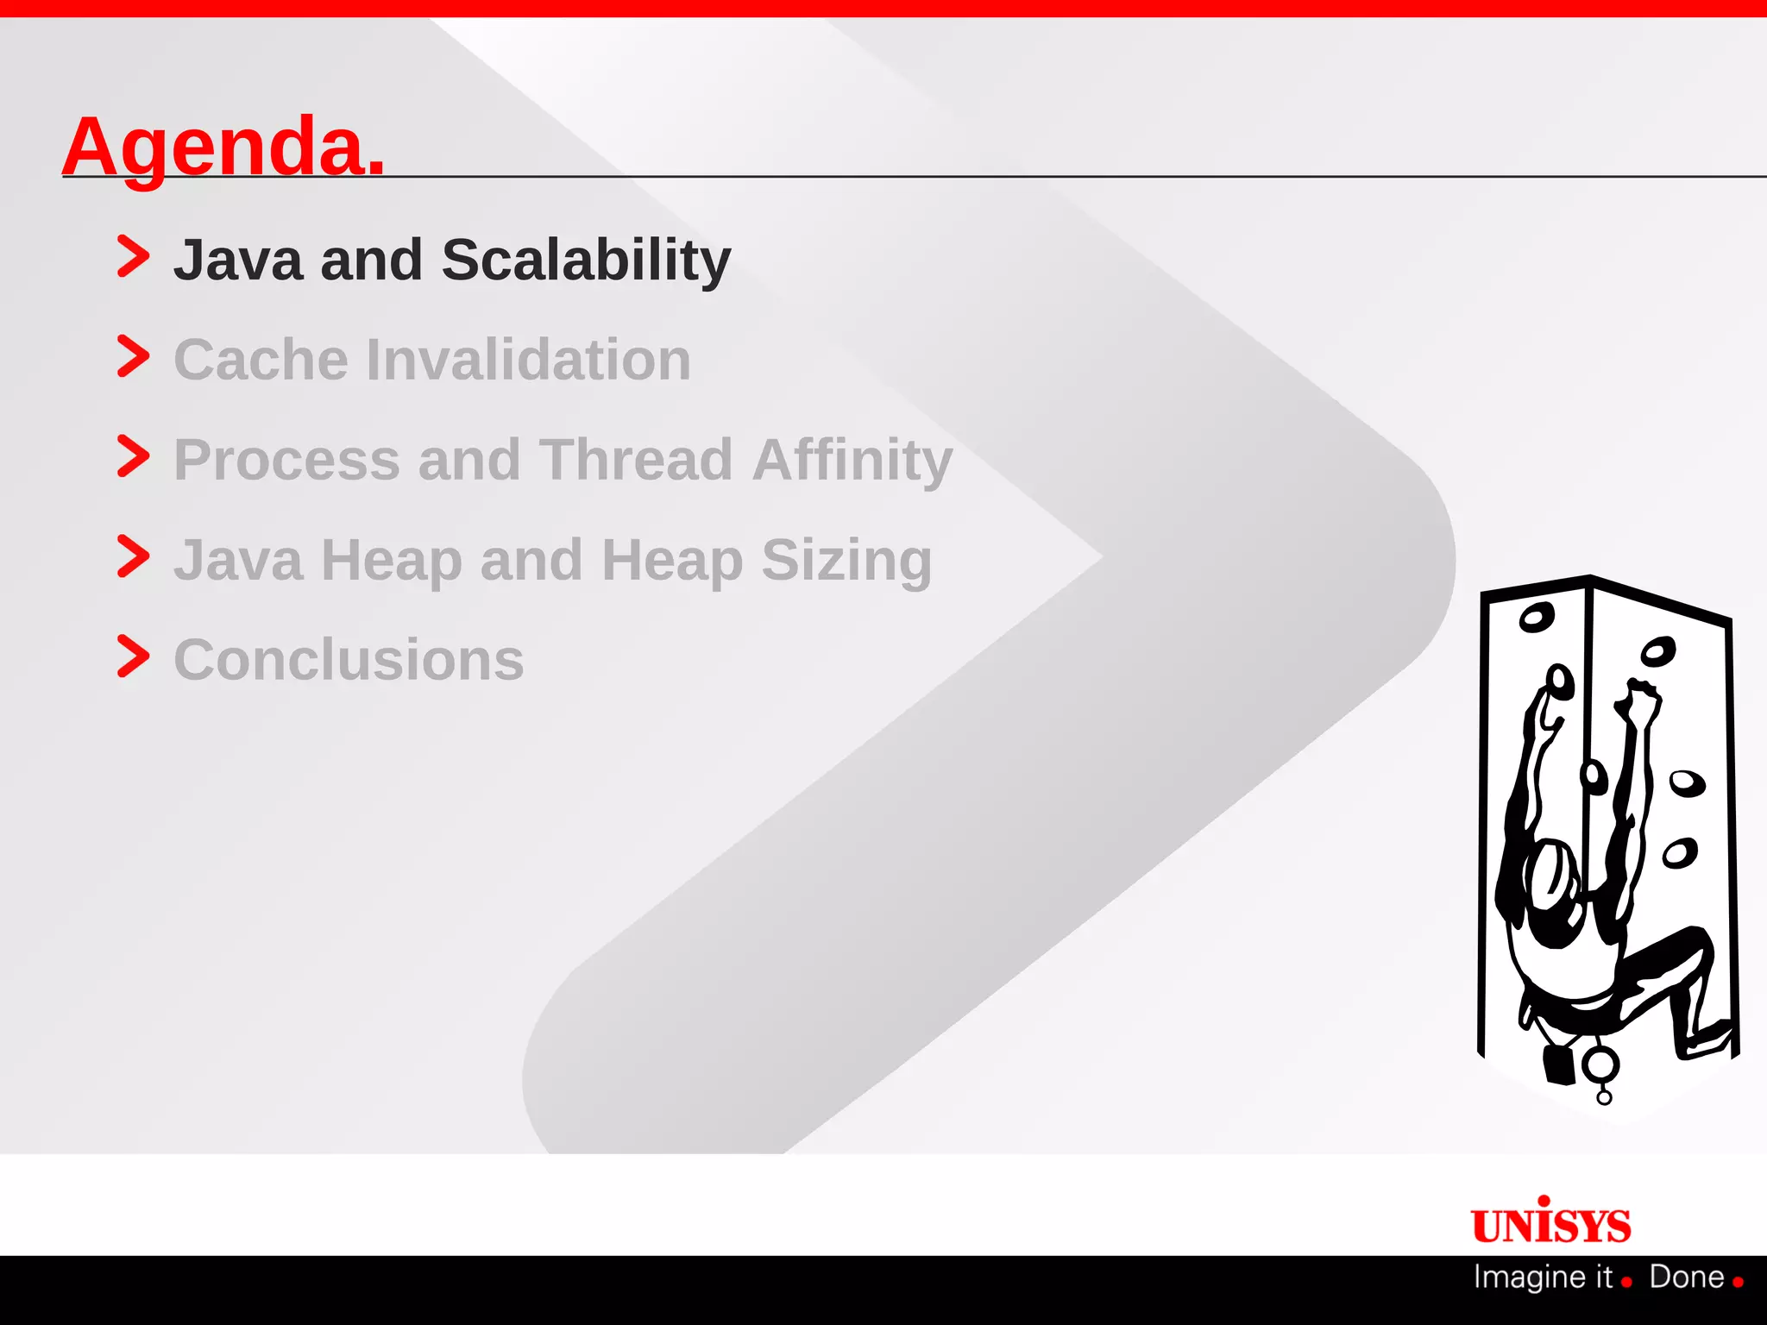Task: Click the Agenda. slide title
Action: [x=223, y=147]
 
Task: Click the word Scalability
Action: [x=586, y=260]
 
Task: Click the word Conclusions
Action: [x=349, y=661]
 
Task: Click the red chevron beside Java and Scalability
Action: [x=133, y=256]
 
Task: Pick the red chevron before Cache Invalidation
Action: [x=133, y=356]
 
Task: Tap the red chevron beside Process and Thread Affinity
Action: [x=133, y=456]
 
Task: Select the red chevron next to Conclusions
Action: [x=133, y=656]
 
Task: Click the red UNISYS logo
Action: [x=1550, y=1222]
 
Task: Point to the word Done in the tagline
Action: [x=1686, y=1277]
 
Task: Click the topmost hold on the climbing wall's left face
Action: [x=1536, y=617]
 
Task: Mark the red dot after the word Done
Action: [x=1738, y=1282]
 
